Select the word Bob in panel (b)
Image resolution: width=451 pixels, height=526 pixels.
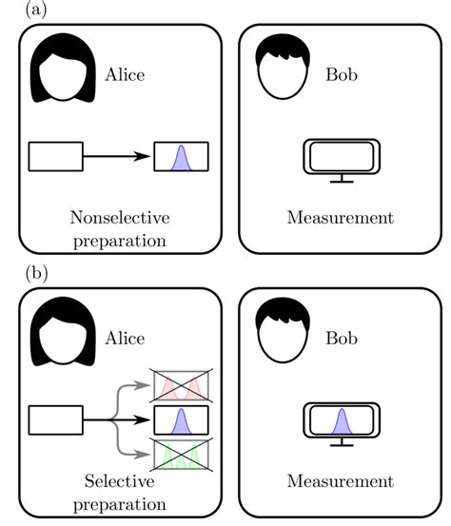[x=340, y=338]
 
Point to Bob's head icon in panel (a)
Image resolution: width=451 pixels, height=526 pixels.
[x=283, y=68]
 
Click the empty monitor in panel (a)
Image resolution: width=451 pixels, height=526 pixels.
[x=341, y=159]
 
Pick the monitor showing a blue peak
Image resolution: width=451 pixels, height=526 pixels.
[x=341, y=423]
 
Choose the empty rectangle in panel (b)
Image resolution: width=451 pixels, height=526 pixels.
[x=55, y=419]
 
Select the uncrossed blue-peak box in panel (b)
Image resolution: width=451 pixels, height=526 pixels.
[x=181, y=419]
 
